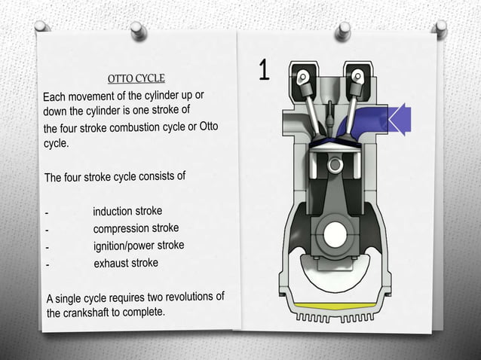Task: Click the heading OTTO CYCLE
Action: (136, 78)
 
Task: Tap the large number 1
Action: (264, 70)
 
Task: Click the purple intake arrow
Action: (399, 118)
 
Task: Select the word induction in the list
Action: (112, 212)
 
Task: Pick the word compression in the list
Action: (121, 228)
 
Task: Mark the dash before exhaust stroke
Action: (47, 265)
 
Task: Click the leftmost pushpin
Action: (41, 27)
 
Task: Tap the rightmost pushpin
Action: (440, 29)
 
